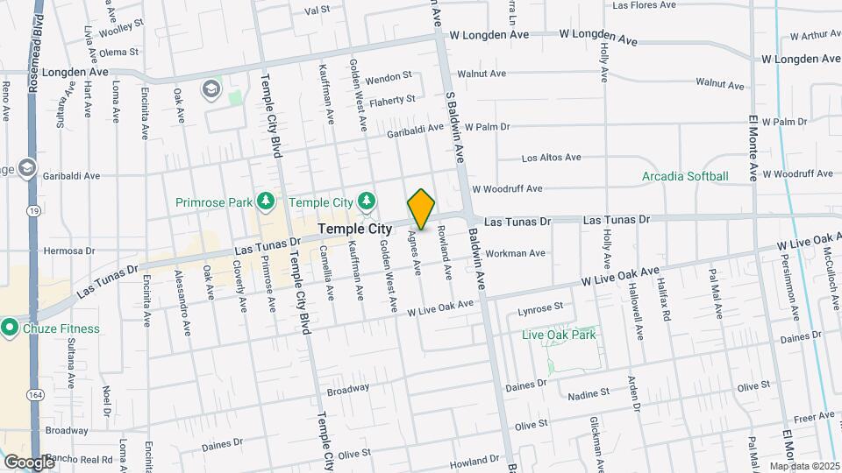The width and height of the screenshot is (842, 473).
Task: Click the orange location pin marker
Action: click(421, 208)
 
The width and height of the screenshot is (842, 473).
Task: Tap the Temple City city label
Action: click(354, 229)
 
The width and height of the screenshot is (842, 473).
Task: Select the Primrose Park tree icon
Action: click(264, 202)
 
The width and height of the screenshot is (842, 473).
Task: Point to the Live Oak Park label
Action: click(559, 335)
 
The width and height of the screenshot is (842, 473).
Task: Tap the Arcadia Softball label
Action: click(685, 176)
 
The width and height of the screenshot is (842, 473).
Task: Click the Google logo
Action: click(28, 462)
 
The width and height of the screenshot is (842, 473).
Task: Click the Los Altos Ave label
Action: click(551, 158)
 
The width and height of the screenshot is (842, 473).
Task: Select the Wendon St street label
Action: click(388, 78)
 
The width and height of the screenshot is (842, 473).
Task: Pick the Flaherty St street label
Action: click(391, 100)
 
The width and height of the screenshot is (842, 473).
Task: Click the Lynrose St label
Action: click(539, 309)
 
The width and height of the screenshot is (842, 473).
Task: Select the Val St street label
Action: click(317, 11)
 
